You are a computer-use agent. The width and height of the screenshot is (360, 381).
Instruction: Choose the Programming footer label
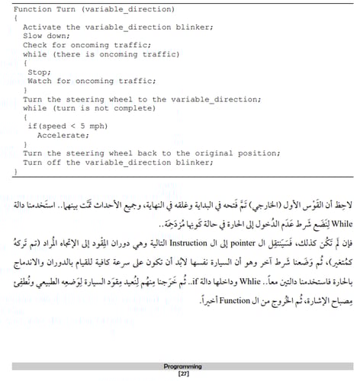pyautogui.click(x=182, y=367)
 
